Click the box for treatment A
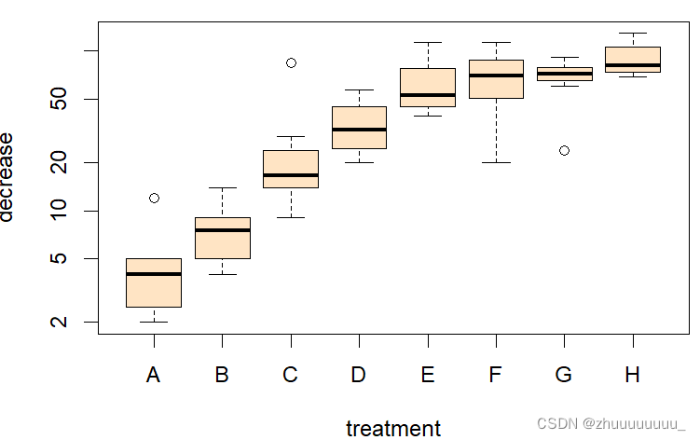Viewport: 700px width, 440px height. click(x=154, y=290)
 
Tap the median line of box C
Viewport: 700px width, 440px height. click(x=291, y=174)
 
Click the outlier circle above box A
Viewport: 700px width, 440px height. click(x=154, y=198)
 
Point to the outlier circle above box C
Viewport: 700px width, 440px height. click(x=291, y=62)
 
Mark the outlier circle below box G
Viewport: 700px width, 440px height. click(x=564, y=150)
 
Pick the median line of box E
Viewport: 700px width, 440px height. click(x=428, y=94)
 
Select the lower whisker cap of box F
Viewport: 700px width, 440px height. click(x=496, y=162)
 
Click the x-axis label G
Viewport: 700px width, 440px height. click(x=564, y=376)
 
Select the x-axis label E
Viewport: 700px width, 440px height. click(x=428, y=376)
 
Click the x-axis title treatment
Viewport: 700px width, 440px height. click(x=393, y=428)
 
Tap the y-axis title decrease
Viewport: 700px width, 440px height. click(x=8, y=176)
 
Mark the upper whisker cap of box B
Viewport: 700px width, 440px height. click(x=222, y=187)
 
